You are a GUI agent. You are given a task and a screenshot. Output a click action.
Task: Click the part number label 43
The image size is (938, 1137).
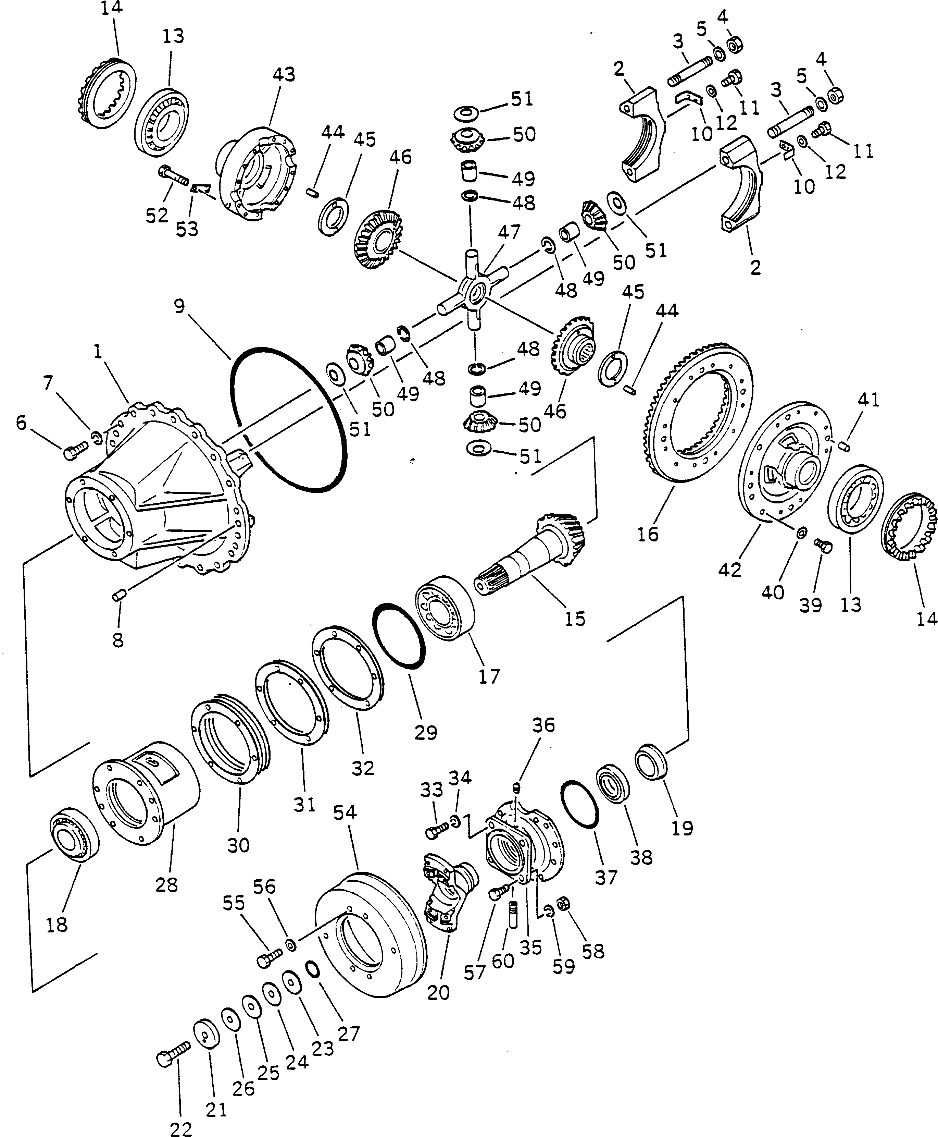pos(284,75)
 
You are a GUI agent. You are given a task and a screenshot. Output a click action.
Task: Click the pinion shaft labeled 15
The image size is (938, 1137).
pos(529,557)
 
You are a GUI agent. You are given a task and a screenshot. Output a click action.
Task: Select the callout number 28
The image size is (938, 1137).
pos(166,885)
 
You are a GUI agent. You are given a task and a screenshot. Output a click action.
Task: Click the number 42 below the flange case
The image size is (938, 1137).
pos(730,570)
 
